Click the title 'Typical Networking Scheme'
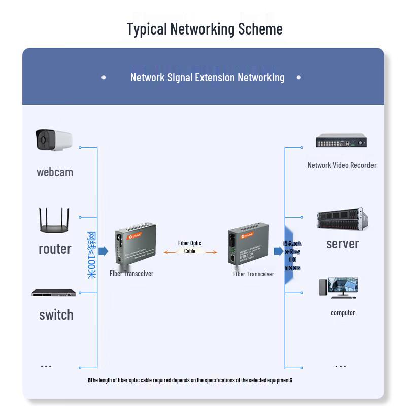pyautogui.click(x=205, y=29)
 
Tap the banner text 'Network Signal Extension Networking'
pyautogui.click(x=207, y=77)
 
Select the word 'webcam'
pyautogui.click(x=55, y=172)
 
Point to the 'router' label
pyautogui.click(x=55, y=249)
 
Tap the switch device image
pyautogui.click(x=53, y=293)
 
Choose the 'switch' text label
pyautogui.click(x=56, y=315)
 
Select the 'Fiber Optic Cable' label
pyautogui.click(x=190, y=247)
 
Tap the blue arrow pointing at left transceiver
pyautogui.click(x=103, y=251)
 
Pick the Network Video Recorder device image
pyautogui.click(x=341, y=141)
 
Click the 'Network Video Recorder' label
pyautogui.click(x=342, y=165)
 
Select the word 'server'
pyautogui.click(x=343, y=244)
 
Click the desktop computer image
pyautogui.click(x=339, y=287)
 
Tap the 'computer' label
pyautogui.click(x=343, y=313)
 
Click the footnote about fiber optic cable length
pyautogui.click(x=190, y=380)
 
